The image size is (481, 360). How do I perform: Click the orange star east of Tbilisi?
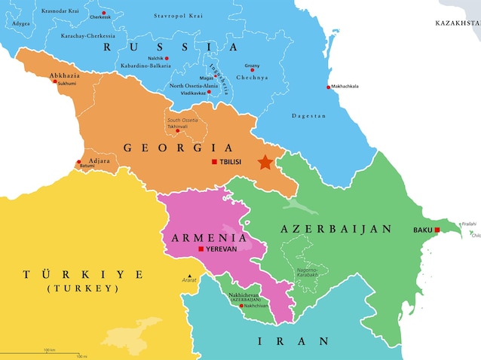265,162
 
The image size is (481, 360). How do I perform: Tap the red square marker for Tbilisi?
214,163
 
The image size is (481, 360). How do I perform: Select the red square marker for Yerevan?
201,249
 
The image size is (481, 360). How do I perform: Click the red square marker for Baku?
437,230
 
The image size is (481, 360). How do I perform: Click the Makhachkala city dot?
328,87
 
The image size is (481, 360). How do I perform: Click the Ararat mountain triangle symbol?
190,273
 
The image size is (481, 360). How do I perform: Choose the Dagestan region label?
309,116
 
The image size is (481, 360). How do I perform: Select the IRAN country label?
294,341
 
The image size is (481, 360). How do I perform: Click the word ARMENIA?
199,237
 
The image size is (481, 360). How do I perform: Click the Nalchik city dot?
167,58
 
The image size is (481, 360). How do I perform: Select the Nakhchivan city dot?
241,306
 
